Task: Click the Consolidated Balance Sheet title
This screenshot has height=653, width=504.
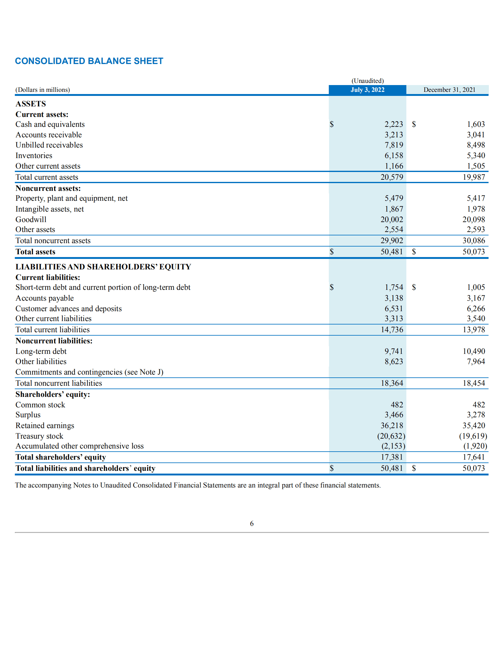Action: [89, 61]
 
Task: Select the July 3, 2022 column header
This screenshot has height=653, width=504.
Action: [367, 90]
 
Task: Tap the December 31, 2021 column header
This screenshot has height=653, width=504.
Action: [449, 90]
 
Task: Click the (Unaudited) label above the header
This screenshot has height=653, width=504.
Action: [367, 81]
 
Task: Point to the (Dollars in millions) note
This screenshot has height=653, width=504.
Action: [43, 90]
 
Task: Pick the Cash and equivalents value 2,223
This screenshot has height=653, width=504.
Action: [393, 124]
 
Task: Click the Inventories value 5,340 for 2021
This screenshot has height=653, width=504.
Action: [476, 156]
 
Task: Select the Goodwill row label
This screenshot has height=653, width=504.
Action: [31, 220]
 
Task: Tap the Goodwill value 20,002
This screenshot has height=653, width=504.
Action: [392, 220]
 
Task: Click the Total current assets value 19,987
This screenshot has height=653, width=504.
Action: [473, 177]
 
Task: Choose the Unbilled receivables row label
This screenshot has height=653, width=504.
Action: [49, 145]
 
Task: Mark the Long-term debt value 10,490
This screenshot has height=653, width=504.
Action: [473, 351]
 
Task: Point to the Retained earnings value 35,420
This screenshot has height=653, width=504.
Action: [473, 426]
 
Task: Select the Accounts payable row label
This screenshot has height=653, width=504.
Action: [44, 298]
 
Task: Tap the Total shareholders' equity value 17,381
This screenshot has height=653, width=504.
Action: [392, 457]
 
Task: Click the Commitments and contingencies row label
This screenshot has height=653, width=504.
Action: [89, 372]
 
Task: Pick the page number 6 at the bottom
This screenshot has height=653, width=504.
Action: [252, 523]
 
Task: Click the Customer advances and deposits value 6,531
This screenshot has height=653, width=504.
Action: [393, 309]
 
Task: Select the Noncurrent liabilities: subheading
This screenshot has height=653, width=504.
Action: [54, 341]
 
